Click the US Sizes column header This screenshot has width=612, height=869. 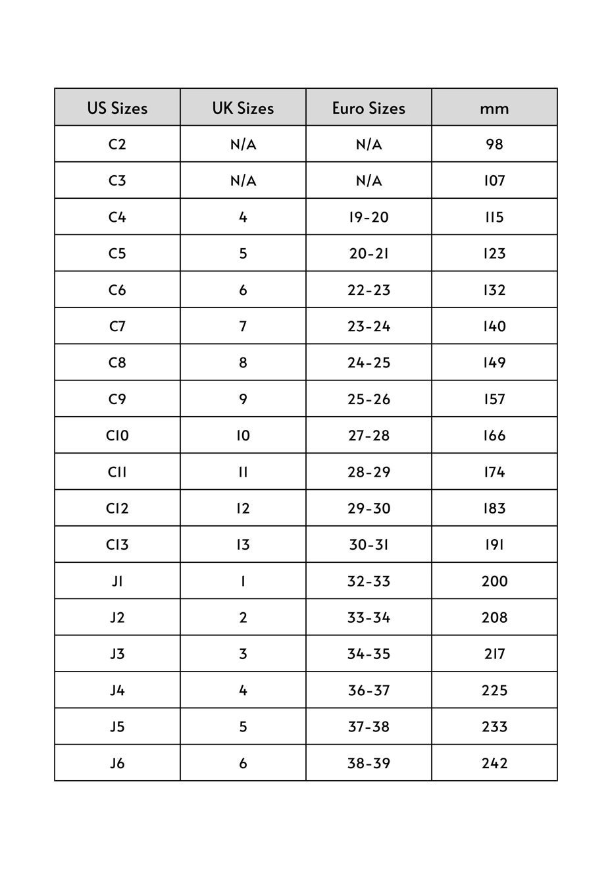click(x=117, y=108)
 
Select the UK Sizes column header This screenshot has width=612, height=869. click(x=243, y=108)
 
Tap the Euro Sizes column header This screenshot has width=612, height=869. click(x=369, y=108)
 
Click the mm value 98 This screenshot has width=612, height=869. click(x=494, y=144)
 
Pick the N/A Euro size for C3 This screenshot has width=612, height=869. click(x=369, y=180)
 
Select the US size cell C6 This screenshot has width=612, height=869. click(x=117, y=290)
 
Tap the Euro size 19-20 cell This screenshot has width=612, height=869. click(x=369, y=217)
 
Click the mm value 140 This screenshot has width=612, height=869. click(x=494, y=327)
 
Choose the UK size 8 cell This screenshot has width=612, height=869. click(x=243, y=363)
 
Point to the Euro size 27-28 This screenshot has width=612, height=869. click(x=369, y=436)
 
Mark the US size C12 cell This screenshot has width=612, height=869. click(x=117, y=508)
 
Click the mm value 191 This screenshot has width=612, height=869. click(x=494, y=545)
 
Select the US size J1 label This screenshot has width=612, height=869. click(x=117, y=581)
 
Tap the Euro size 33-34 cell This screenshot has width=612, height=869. click(x=369, y=618)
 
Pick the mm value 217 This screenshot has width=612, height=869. click(x=494, y=654)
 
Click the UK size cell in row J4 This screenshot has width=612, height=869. click(x=243, y=691)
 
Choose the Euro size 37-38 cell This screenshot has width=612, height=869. click(x=369, y=727)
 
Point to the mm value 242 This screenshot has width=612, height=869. click(x=494, y=764)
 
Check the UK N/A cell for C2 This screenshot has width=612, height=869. click(x=243, y=144)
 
